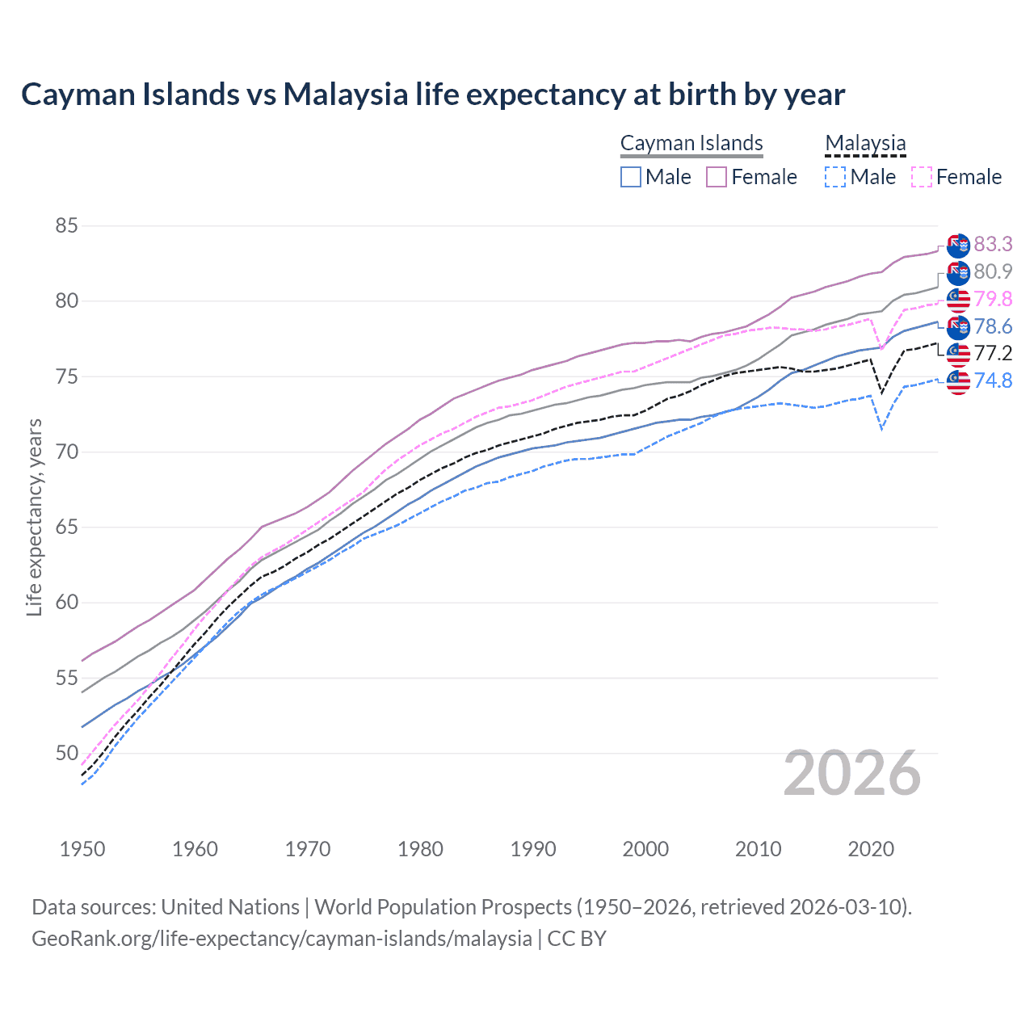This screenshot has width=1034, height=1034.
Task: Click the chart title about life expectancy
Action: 433,95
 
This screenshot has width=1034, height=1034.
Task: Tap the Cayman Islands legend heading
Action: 691,143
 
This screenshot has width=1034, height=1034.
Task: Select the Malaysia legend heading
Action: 865,143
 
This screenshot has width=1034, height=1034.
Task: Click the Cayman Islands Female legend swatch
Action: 717,177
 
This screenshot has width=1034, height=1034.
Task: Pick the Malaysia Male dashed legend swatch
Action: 835,177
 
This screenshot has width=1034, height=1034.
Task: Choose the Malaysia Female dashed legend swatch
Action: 922,177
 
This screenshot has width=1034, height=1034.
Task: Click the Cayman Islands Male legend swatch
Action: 631,177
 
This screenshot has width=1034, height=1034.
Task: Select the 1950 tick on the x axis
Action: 82,849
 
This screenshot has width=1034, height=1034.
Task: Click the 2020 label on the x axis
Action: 871,849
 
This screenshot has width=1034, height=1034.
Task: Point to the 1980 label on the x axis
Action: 420,849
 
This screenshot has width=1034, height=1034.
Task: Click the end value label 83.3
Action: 993,244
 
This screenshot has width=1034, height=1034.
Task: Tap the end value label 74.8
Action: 993,380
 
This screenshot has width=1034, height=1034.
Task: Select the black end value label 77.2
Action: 993,353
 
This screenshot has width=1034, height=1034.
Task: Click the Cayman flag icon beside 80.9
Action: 958,273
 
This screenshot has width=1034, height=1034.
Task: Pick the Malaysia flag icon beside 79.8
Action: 958,300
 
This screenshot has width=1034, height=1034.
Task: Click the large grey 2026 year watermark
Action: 852,774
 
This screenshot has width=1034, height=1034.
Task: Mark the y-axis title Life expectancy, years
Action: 34,517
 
